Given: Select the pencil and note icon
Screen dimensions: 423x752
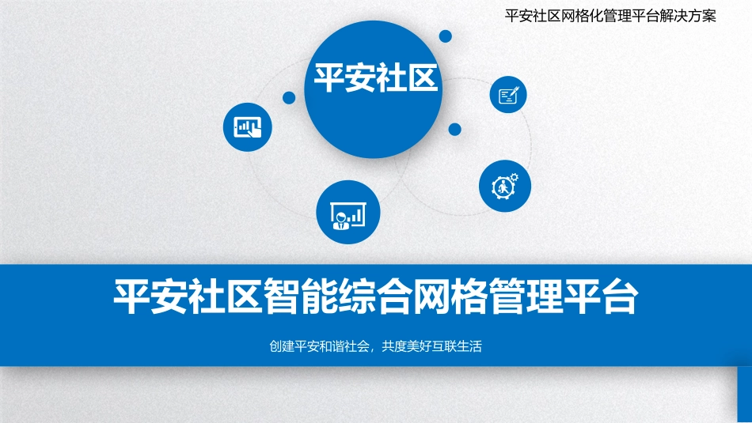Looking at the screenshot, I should point(508,96).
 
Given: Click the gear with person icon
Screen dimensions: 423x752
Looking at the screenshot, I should point(505,187).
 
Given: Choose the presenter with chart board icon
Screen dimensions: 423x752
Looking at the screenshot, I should point(348,212).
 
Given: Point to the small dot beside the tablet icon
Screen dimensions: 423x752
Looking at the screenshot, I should point(289,98).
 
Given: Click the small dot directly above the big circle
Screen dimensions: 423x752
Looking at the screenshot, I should point(446,36).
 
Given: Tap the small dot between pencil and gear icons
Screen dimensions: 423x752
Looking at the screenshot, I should point(454,128).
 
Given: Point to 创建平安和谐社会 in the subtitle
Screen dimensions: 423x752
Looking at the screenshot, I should point(321,346).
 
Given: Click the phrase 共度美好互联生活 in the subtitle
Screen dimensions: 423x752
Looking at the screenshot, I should point(431,346).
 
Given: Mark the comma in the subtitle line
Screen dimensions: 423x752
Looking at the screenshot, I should point(375,348).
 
